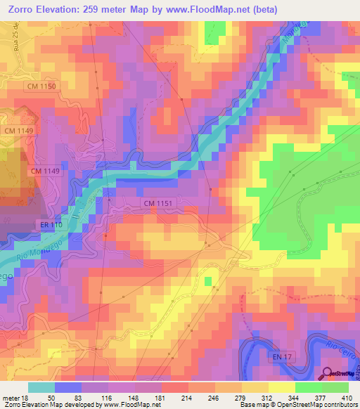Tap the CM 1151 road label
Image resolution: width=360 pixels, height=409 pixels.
point(157,203)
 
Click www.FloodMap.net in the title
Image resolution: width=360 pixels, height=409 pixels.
point(210,9)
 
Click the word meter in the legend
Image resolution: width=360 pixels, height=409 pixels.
point(10,397)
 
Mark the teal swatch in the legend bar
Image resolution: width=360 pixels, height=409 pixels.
point(41,387)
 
